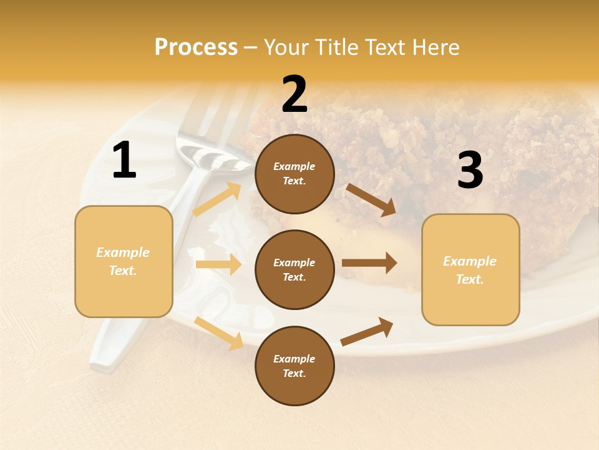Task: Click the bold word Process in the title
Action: click(196, 47)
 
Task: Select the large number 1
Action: click(124, 161)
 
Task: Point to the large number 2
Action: click(295, 94)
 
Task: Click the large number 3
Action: click(470, 170)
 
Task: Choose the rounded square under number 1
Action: click(124, 261)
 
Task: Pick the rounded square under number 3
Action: click(470, 269)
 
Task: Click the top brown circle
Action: click(295, 174)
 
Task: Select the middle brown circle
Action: click(295, 269)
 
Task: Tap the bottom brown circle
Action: click(295, 366)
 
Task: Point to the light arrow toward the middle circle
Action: click(218, 264)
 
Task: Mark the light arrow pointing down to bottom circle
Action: click(219, 333)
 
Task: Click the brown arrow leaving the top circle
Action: click(371, 199)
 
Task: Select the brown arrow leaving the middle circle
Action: click(369, 263)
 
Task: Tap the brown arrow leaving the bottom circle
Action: click(367, 331)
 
